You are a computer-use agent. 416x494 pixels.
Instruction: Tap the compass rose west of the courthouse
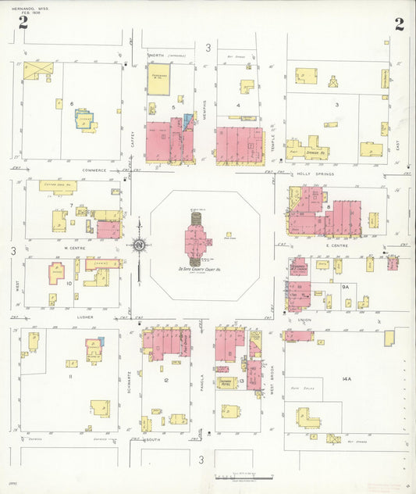pyautogui.click(x=138, y=247)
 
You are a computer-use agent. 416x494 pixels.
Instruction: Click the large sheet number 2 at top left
pyautogui.click(x=23, y=23)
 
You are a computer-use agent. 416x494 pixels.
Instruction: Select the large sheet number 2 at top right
pyautogui.click(x=399, y=23)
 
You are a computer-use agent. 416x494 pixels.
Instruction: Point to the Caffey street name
pyautogui.click(x=133, y=140)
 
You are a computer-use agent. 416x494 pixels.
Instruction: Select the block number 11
pyautogui.click(x=70, y=377)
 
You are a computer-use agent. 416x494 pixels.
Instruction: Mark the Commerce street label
pyautogui.click(x=93, y=170)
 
